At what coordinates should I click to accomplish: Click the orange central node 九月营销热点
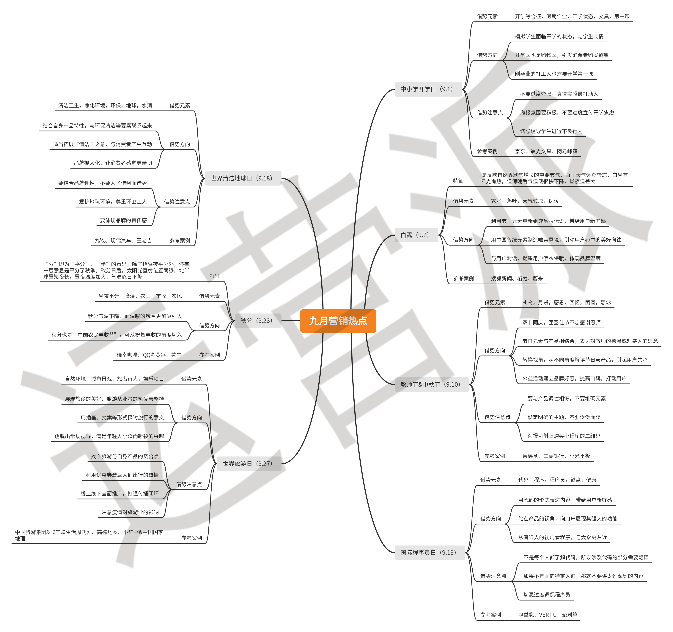pos(338,321)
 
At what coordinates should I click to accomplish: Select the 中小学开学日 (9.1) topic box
pos(428,89)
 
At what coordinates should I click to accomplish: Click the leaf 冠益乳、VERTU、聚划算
pos(548,615)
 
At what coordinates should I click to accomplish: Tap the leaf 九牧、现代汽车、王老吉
pos(123,240)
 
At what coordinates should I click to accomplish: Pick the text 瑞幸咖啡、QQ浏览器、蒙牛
pos(149,355)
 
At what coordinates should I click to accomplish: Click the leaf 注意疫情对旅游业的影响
pos(130,512)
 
